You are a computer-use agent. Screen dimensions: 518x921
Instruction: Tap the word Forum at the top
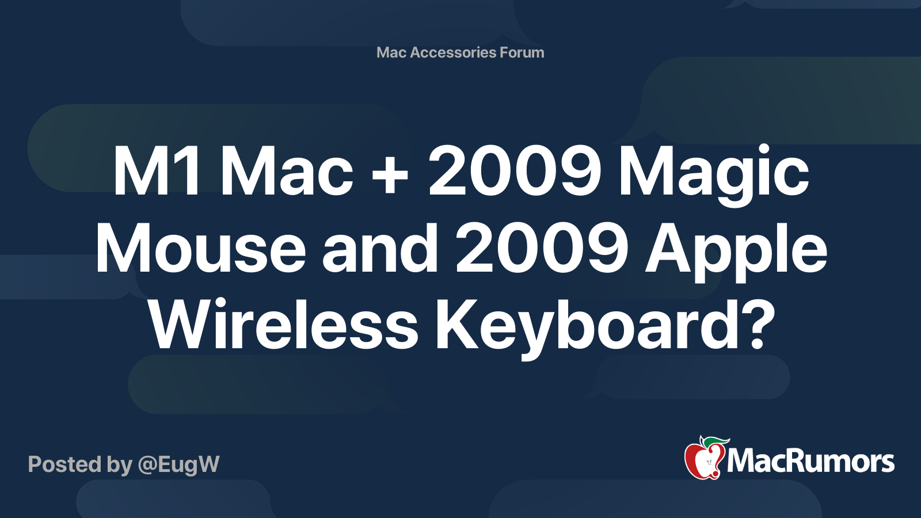coord(522,52)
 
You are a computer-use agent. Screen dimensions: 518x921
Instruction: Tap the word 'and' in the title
coord(380,250)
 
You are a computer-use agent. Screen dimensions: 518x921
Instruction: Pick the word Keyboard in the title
coord(587,327)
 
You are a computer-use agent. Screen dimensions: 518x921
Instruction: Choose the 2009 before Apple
coord(542,250)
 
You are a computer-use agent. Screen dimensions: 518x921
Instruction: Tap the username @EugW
coord(178,464)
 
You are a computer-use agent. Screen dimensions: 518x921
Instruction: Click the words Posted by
coord(80,464)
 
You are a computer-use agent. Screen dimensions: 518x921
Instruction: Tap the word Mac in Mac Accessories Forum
coord(391,52)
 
